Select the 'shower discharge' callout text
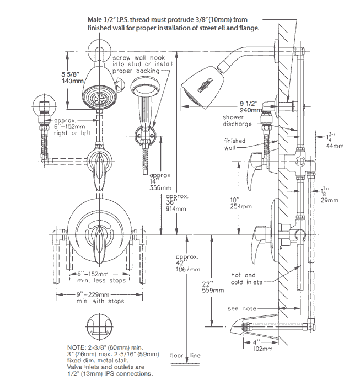pyautogui.click(x=237, y=121)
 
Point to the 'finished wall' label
pyautogui.click(x=234, y=144)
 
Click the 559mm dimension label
pyautogui.click(x=213, y=289)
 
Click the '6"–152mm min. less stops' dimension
pyautogui.click(x=93, y=277)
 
